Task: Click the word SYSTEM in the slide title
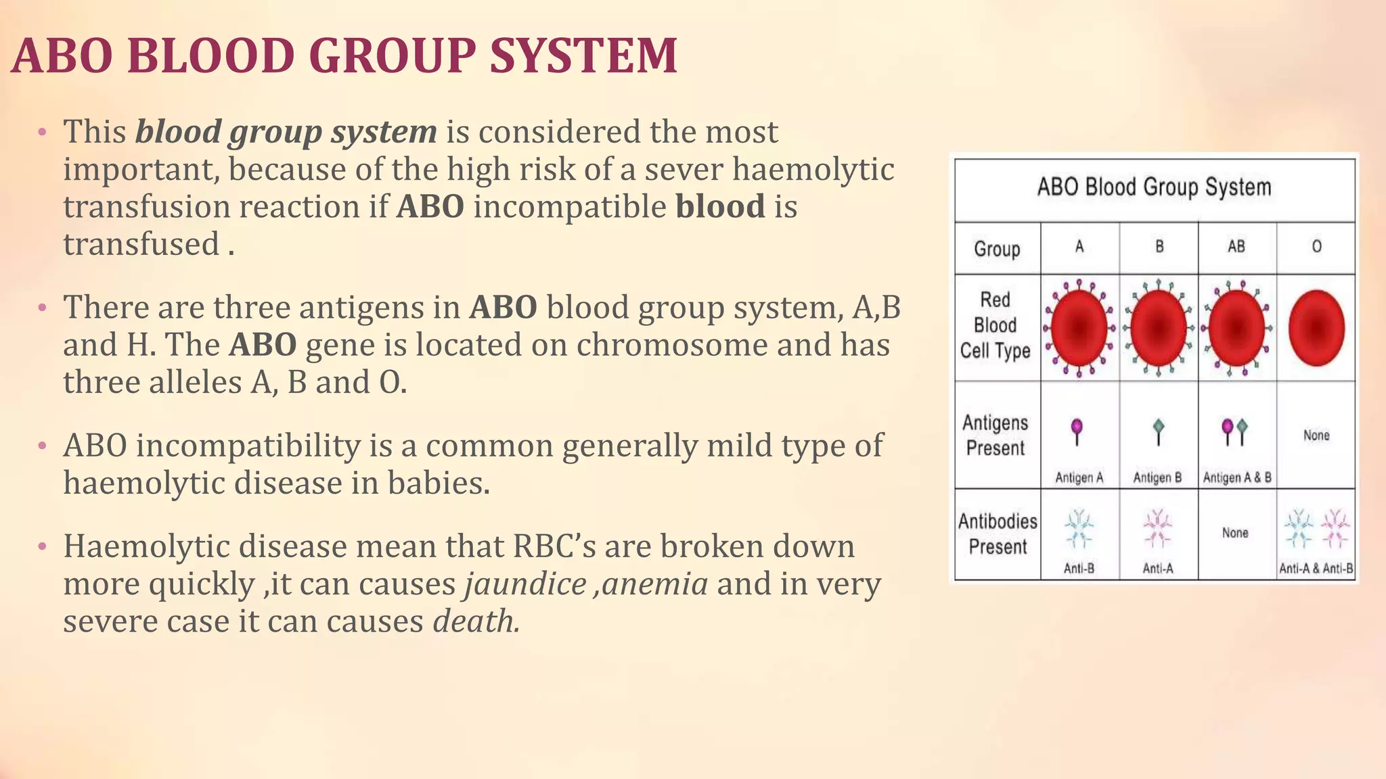point(583,55)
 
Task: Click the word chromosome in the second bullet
point(671,345)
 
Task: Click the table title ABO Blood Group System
point(1154,187)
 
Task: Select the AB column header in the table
point(1236,247)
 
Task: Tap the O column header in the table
point(1316,247)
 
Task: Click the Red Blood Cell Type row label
point(996,326)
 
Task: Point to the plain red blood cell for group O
point(1316,328)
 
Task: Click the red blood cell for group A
point(1079,328)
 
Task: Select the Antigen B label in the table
point(1157,477)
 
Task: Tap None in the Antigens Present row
point(1316,435)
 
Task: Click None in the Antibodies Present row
point(1235,533)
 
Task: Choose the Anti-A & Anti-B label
point(1316,569)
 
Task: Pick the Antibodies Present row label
point(998,534)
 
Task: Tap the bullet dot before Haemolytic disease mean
point(42,546)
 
